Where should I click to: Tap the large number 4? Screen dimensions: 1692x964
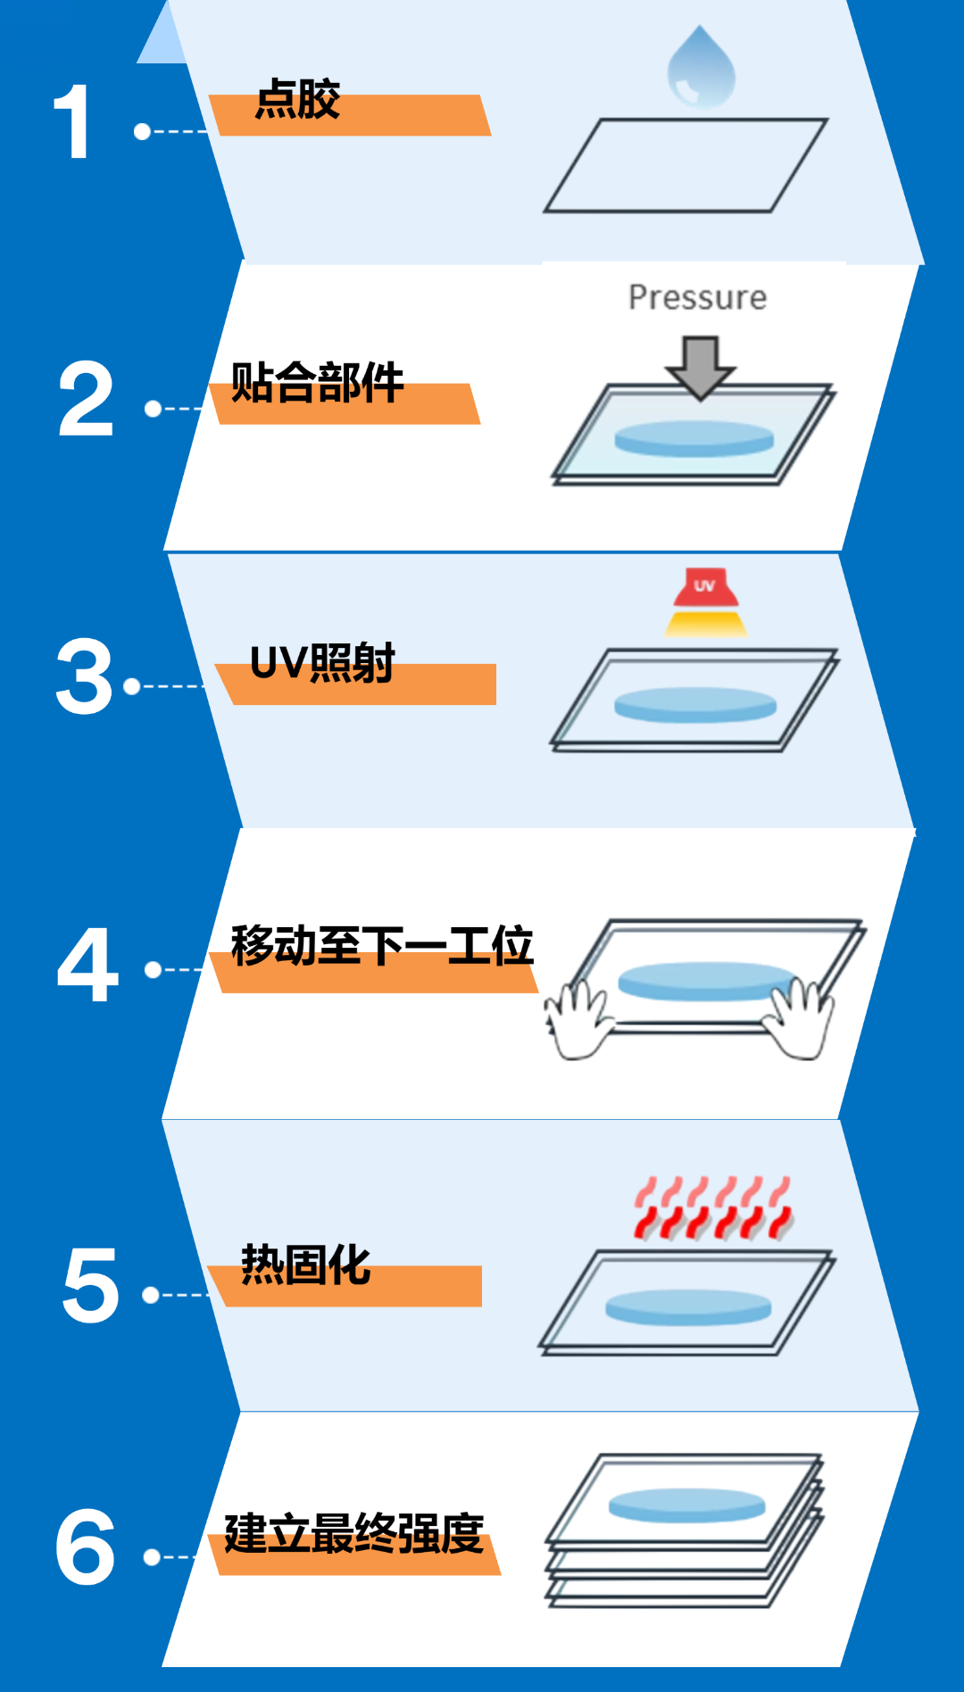tap(87, 965)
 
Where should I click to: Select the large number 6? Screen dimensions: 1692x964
tap(86, 1547)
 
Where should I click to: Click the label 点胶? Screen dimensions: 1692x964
tap(298, 99)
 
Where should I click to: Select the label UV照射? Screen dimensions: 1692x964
tap(322, 664)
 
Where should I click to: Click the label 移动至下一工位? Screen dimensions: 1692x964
tap(381, 946)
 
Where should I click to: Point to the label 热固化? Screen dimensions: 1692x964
tap(305, 1265)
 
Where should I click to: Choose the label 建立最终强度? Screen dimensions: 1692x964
tap(353, 1534)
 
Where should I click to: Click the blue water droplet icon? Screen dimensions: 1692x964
tap(702, 69)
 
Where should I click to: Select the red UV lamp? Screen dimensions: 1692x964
tap(705, 588)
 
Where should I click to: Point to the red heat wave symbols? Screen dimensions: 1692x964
tap(713, 1209)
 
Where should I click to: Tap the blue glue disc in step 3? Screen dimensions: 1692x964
tap(695, 704)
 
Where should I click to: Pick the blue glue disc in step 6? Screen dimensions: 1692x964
tap(687, 1505)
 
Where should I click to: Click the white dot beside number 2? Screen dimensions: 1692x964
tap(153, 409)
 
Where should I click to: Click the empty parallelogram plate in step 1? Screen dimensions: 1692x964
tap(686, 166)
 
